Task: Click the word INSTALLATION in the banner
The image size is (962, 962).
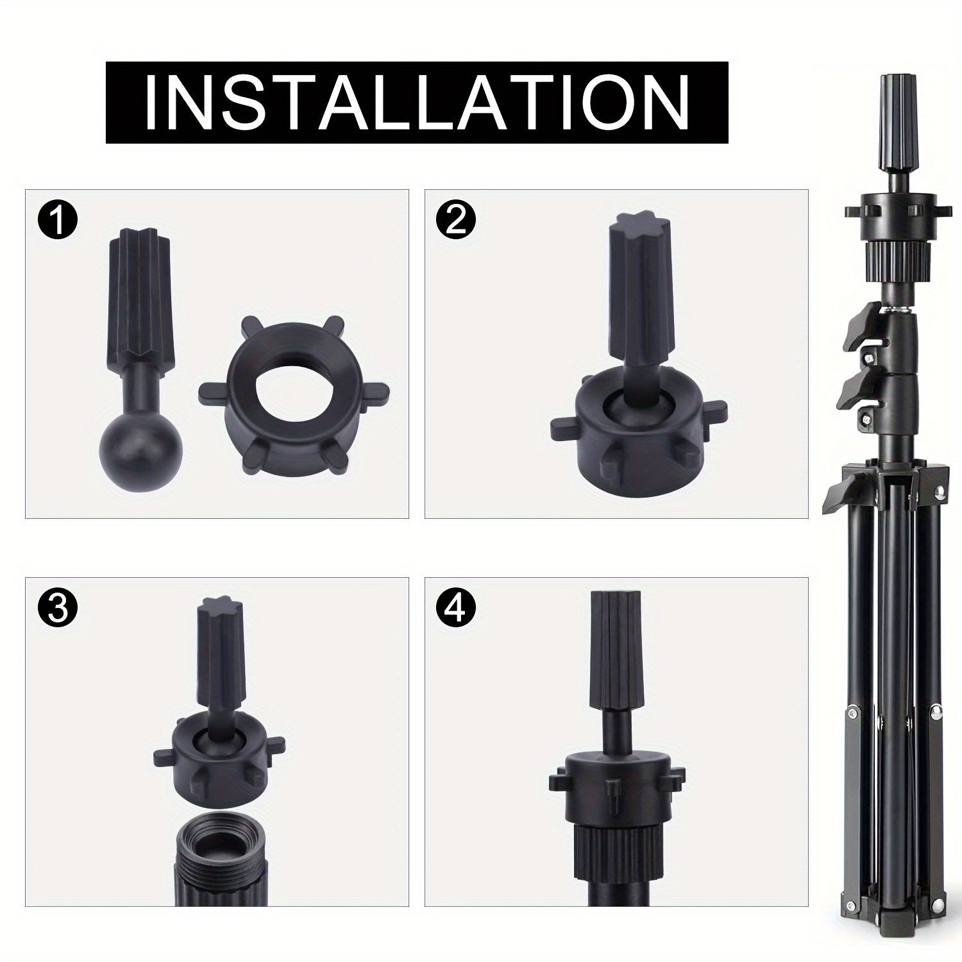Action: (x=417, y=103)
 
